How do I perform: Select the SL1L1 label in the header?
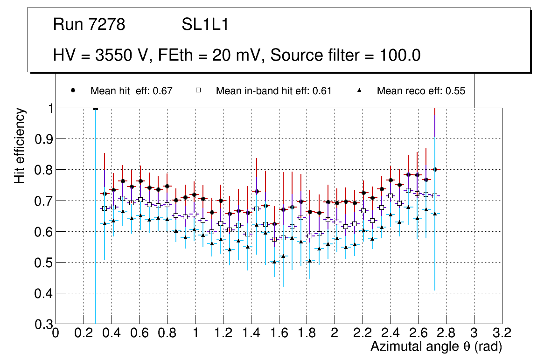pyautogui.click(x=205, y=25)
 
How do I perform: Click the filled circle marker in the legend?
pyautogui.click(x=73, y=90)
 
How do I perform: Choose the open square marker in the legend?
pyautogui.click(x=197, y=90)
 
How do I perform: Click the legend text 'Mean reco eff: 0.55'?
pyautogui.click(x=421, y=91)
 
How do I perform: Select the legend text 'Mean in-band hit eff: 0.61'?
pyautogui.click(x=273, y=91)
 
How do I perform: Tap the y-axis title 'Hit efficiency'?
pyautogui.click(x=20, y=145)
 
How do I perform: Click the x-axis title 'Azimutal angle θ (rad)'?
pyautogui.click(x=436, y=346)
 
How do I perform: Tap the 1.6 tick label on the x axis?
pyautogui.click(x=279, y=333)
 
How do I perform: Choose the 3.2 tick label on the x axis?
pyautogui.click(x=502, y=333)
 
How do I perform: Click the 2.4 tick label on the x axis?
pyautogui.click(x=390, y=333)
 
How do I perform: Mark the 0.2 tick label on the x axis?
pyautogui.click(x=84, y=333)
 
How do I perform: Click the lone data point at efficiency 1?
pyautogui.click(x=96, y=109)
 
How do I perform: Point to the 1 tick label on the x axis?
pyautogui.click(x=195, y=333)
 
